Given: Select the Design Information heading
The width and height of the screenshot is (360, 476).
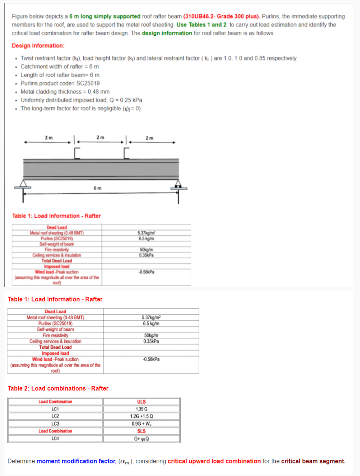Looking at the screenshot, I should click(38, 46).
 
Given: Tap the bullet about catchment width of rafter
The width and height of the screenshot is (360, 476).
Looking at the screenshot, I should click(60, 66).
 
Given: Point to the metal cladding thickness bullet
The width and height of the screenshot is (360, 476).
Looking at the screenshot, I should click(65, 92).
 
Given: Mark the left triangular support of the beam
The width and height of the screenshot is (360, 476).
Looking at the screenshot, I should click(24, 184).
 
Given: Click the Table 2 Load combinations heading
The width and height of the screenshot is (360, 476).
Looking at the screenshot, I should click(58, 389).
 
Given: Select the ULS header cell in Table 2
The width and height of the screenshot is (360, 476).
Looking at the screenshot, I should click(142, 402).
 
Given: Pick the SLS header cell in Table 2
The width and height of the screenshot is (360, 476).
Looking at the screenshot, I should click(142, 431).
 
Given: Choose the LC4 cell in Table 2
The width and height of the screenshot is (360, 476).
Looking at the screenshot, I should click(56, 439).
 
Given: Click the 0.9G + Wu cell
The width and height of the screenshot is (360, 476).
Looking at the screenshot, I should click(142, 424).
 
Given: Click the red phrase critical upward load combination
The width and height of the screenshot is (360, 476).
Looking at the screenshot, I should click(214, 461).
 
